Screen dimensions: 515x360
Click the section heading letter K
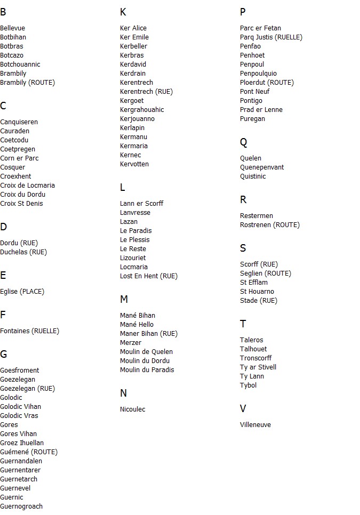(x=123, y=12)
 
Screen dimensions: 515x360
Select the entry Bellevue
(x=13, y=28)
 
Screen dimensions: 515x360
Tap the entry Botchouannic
(x=20, y=65)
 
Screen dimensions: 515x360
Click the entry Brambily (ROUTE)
(x=27, y=83)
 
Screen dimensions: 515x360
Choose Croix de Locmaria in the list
(x=27, y=186)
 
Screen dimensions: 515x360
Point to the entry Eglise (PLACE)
(x=22, y=292)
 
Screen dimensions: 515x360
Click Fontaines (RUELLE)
(x=29, y=331)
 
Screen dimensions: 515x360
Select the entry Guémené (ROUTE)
(x=29, y=452)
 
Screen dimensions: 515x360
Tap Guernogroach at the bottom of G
(x=21, y=506)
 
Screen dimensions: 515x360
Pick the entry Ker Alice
(x=133, y=28)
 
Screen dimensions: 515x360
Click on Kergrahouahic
(x=142, y=110)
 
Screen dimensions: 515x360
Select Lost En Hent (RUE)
(x=149, y=276)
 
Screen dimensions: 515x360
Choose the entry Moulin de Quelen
(x=146, y=352)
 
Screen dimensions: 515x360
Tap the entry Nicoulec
(x=133, y=409)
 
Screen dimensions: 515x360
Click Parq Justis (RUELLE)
(x=271, y=37)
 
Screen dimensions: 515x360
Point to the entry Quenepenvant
(x=262, y=167)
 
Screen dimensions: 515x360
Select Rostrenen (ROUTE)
(x=270, y=225)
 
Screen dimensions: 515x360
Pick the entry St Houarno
(x=257, y=292)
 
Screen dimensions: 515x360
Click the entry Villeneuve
(x=255, y=425)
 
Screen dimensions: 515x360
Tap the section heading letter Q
(x=244, y=142)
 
